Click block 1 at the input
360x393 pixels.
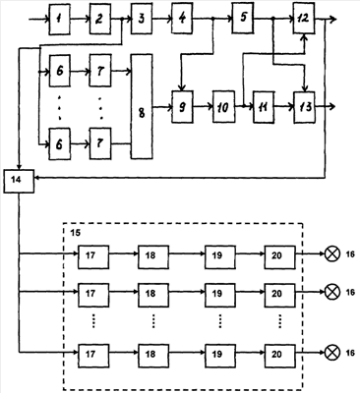click(59, 20)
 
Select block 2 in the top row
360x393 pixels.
click(100, 20)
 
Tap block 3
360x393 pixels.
click(142, 19)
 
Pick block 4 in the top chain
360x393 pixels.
click(182, 19)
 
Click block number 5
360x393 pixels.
click(243, 18)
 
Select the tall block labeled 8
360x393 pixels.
click(142, 107)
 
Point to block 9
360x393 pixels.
click(182, 107)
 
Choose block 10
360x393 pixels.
click(223, 107)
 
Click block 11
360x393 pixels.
click(264, 107)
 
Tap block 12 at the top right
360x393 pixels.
click(304, 19)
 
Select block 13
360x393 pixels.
click(305, 107)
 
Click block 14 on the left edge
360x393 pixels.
click(19, 181)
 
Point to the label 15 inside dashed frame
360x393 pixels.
click(76, 233)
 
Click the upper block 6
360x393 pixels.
click(59, 71)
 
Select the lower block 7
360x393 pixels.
click(100, 143)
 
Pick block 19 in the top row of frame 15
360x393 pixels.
click(219, 256)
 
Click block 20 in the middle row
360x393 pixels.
click(279, 295)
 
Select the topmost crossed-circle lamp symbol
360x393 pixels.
click(331, 254)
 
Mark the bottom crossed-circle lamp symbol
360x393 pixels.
click(331, 353)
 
